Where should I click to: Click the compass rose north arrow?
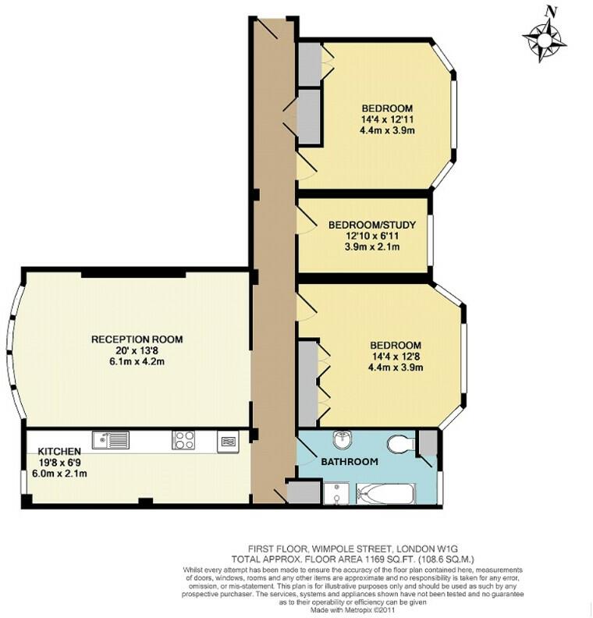click(545, 36)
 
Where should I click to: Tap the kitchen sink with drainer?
click(110, 441)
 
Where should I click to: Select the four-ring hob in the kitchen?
click(183, 441)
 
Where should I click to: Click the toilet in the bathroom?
click(399, 444)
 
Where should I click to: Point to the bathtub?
click(387, 492)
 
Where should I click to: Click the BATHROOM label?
click(350, 462)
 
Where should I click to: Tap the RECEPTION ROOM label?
click(137, 339)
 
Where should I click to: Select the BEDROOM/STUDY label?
click(372, 225)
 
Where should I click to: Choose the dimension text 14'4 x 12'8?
click(396, 357)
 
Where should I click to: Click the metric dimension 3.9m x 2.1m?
click(372, 247)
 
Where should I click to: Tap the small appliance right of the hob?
click(227, 441)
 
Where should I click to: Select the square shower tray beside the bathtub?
click(337, 492)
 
